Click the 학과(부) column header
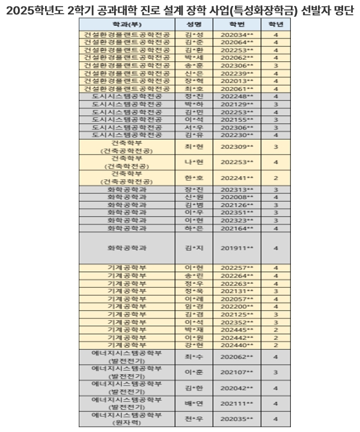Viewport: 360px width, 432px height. coord(127,25)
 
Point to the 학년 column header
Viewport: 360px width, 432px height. coord(275,25)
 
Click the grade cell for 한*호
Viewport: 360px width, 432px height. coord(275,178)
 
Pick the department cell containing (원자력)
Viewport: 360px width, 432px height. coord(127,419)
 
